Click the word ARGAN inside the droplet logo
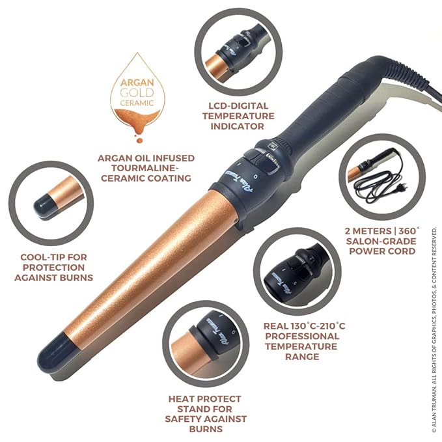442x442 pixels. [x=137, y=83]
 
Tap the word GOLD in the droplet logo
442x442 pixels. [x=137, y=92]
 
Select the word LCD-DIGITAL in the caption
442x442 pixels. [x=238, y=106]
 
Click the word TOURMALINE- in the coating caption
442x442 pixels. [x=145, y=168]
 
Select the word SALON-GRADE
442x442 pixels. [x=381, y=242]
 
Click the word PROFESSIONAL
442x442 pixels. [x=302, y=337]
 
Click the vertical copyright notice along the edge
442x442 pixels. [x=434, y=330]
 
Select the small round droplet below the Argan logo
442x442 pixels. [x=139, y=140]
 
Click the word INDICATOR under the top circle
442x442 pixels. [x=238, y=126]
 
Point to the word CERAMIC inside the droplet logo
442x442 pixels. [x=137, y=103]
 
